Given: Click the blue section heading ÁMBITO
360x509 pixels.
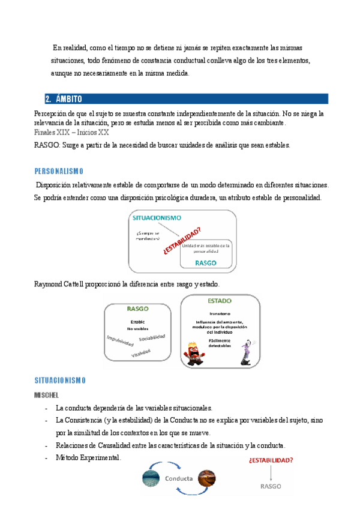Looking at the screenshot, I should [x=68, y=99].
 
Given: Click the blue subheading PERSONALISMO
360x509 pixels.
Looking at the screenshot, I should [x=59, y=170].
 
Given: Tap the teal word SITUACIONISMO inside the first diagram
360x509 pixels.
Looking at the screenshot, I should [x=158, y=218].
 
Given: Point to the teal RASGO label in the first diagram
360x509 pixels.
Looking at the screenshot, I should [x=206, y=263].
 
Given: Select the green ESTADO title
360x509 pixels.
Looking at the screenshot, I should [x=220, y=301].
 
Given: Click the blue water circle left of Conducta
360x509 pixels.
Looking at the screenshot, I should [x=151, y=478].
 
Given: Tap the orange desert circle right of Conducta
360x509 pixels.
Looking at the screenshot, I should [x=206, y=478].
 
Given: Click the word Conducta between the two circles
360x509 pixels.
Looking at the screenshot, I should [x=178, y=478].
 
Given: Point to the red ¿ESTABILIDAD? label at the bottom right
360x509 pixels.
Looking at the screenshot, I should [x=271, y=460].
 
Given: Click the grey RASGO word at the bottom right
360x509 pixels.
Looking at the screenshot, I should [x=271, y=487].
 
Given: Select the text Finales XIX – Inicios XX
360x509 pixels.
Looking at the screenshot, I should [x=71, y=132].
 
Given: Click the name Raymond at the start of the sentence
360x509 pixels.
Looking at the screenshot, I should [x=50, y=283].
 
